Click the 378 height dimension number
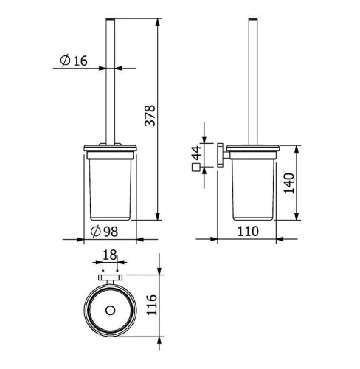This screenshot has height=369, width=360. coord(150,116)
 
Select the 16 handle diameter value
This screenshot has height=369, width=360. coord(80,61)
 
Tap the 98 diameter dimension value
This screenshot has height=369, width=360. coord(111,232)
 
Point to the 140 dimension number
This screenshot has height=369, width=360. coord(289,183)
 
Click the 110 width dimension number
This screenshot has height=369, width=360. coord(248,231)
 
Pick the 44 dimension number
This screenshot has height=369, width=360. coord(197,153)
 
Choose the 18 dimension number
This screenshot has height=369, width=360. coord(110,255)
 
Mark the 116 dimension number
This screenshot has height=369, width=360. coord(151,304)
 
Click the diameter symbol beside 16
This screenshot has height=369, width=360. coord(66,61)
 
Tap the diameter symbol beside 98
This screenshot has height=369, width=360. coord(96,232)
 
